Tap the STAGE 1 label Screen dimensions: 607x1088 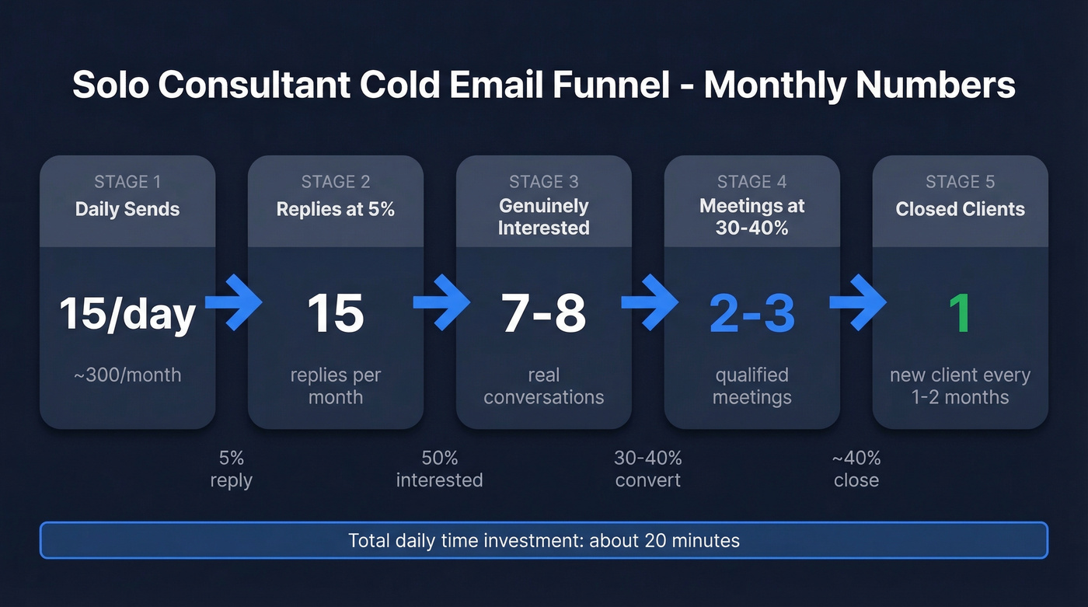click(127, 182)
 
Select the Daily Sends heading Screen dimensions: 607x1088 click(127, 209)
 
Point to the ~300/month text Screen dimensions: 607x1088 click(127, 375)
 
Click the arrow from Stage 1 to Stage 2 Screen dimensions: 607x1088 click(232, 303)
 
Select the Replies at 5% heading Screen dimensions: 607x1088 click(336, 209)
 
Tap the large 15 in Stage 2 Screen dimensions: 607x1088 click(336, 313)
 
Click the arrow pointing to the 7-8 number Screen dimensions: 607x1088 click(441, 303)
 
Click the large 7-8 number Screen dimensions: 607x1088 click(543, 313)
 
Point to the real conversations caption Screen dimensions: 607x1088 click(543, 386)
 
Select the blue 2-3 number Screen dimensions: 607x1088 click(751, 313)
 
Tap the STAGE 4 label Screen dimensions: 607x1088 click(751, 182)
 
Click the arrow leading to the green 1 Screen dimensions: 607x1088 click(857, 303)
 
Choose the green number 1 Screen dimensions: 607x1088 click(960, 313)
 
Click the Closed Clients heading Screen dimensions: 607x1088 click(960, 209)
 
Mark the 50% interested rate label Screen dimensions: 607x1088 click(439, 469)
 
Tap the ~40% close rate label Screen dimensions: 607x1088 click(856, 469)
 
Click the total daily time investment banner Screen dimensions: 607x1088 click(544, 540)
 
